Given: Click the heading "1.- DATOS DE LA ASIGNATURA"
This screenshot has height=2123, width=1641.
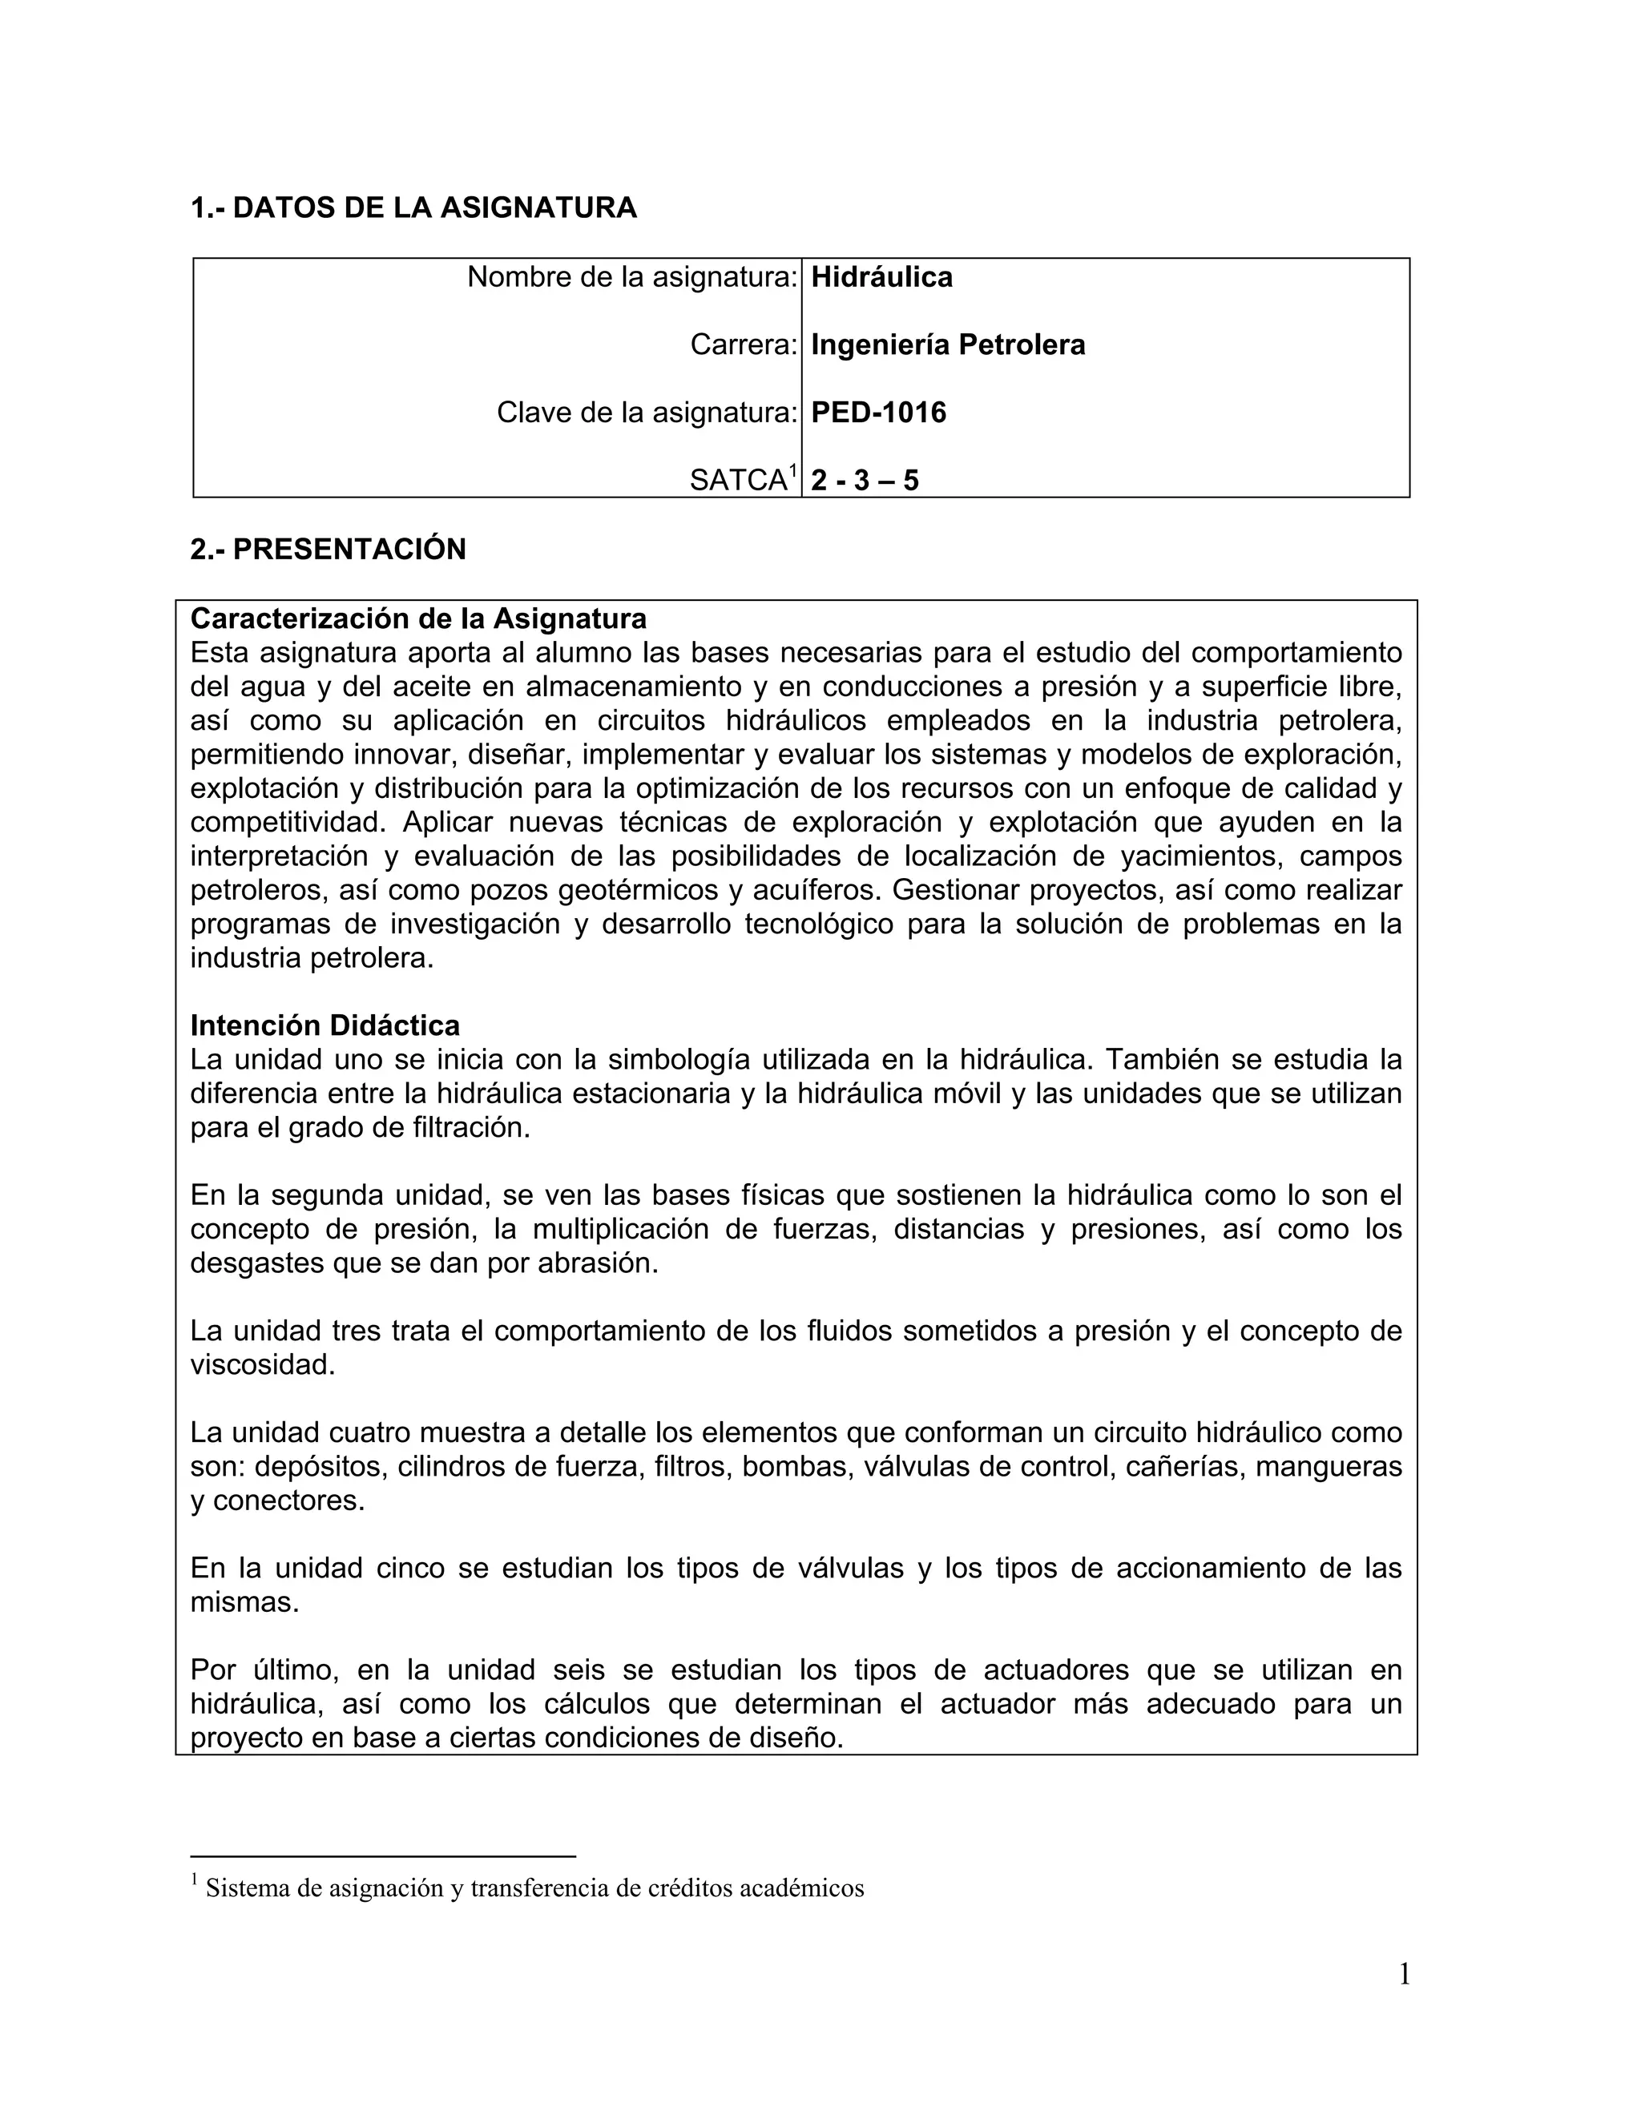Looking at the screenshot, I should pos(413,208).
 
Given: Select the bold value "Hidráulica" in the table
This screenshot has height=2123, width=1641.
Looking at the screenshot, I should pos(881,278).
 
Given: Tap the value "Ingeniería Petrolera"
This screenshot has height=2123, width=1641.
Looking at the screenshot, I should pos(948,345).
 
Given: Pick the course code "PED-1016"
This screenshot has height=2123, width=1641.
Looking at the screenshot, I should pos(879,413).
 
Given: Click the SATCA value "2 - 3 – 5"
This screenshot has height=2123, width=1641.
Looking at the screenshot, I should pos(865,480).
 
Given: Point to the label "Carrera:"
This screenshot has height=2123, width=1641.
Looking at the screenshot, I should pos(744,345).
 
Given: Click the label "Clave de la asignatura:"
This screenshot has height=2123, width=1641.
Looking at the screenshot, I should pos(647,413).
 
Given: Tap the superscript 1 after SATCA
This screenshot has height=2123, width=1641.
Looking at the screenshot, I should pos(793,471).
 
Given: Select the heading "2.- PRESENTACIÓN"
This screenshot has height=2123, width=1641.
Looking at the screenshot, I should pos(329,550).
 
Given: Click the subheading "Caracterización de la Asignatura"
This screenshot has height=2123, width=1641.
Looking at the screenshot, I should pos(418,618).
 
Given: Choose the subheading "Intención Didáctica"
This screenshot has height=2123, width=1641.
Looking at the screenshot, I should pos(325,1025).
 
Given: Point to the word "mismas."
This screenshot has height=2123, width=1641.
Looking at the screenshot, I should pos(245,1602).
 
